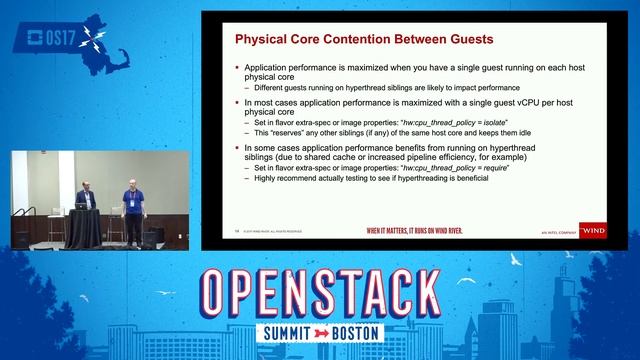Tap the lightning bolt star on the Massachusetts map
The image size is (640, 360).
click(x=94, y=39)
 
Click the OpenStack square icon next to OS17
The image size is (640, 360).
click(x=27, y=40)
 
